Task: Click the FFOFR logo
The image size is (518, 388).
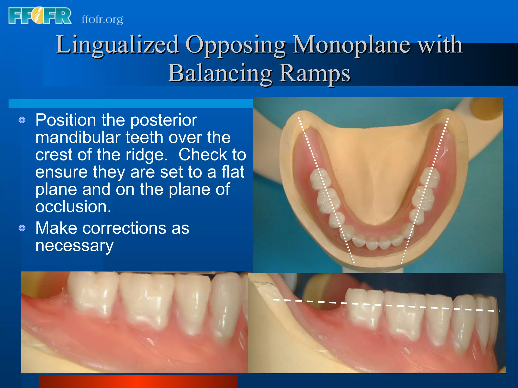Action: (x=40, y=16)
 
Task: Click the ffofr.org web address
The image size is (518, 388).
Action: (x=102, y=19)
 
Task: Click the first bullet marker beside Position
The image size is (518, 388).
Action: (x=22, y=120)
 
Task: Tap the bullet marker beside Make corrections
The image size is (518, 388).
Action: (x=22, y=228)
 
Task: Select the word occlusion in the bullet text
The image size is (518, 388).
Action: (x=73, y=207)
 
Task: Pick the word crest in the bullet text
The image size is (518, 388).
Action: (x=54, y=155)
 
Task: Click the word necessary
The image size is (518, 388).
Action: (x=74, y=246)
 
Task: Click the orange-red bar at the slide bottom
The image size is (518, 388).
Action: (x=138, y=381)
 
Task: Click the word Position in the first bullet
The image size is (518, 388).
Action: (x=66, y=120)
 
